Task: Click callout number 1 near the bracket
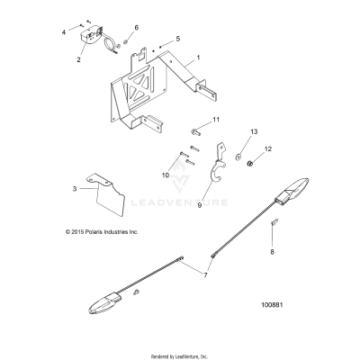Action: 186,57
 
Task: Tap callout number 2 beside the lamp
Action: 79,61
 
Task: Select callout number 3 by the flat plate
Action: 75,189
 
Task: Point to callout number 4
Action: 63,31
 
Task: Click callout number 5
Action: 177,40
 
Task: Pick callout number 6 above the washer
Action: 137,28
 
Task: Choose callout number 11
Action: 215,120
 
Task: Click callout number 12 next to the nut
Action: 266,148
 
